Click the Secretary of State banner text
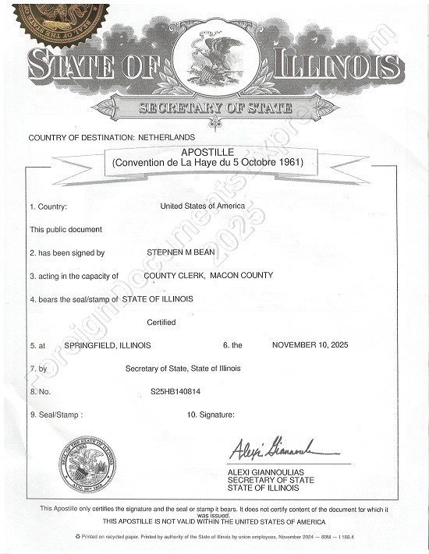click(x=214, y=108)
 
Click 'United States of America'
click(x=203, y=206)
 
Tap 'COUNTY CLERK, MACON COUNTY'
click(x=208, y=276)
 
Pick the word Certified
click(x=161, y=322)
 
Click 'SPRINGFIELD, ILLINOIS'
click(x=108, y=344)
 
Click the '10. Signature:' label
click(x=211, y=415)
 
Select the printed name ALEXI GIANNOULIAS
click(x=270, y=472)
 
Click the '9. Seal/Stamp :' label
click(x=55, y=415)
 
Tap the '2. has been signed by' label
click(x=67, y=253)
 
